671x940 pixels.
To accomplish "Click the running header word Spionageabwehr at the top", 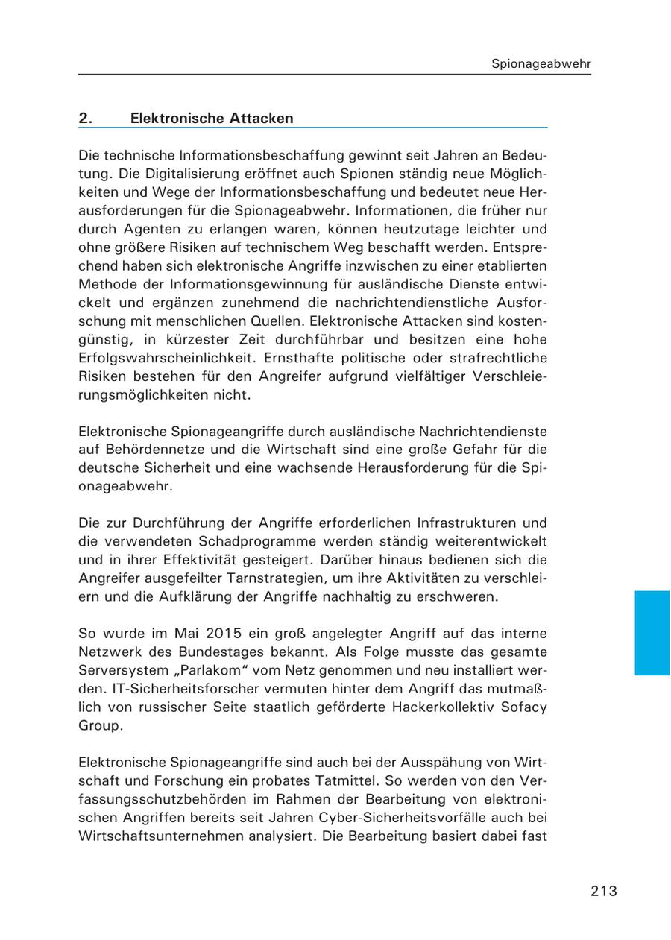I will point(541,64).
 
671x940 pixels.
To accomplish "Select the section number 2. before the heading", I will point(85,118).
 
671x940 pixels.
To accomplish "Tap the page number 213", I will point(604,890).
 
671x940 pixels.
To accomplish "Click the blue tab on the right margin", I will point(652,632).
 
